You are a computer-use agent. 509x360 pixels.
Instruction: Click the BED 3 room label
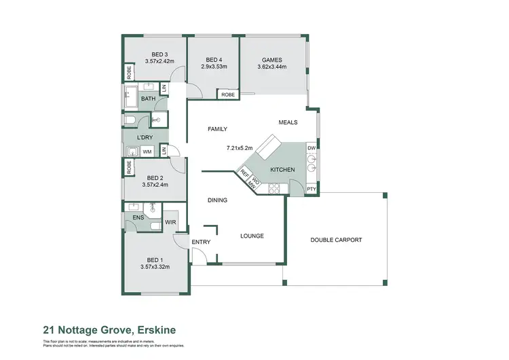pos(159,54)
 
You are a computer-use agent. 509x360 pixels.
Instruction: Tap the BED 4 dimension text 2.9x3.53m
pos(214,67)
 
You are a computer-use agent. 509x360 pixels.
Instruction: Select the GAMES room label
pos(271,60)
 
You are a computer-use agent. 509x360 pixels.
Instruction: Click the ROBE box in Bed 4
pos(228,94)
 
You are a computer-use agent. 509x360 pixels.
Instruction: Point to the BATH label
pos(148,99)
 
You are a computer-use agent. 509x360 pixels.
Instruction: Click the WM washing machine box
pos(147,151)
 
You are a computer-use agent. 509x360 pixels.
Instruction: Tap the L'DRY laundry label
pos(145,137)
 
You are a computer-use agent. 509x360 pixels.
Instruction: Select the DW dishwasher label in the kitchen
pos(311,148)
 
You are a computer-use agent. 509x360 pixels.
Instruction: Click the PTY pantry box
pos(311,189)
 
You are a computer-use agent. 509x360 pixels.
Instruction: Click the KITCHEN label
pos(282,168)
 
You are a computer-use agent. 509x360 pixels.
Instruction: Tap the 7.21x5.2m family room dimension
pos(240,147)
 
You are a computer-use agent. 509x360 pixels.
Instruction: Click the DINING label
pos(217,200)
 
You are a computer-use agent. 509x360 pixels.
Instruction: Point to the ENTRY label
pos(201,242)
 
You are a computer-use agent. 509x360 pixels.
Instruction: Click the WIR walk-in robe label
pos(170,221)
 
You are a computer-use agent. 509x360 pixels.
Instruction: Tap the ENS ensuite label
pos(138,218)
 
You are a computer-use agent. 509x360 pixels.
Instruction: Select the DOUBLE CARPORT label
pos(336,240)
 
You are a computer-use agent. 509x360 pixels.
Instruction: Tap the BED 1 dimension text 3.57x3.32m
pos(155,267)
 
